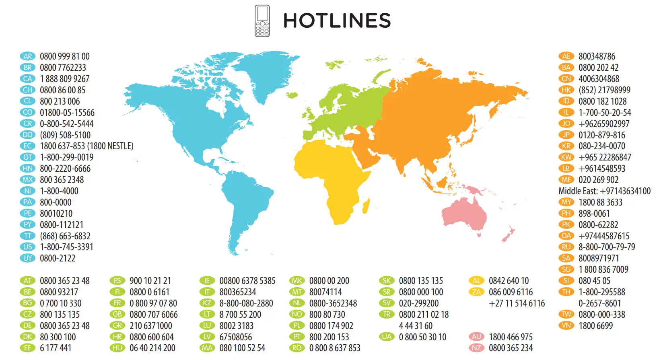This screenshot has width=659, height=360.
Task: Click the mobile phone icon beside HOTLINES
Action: pyautogui.click(x=262, y=21)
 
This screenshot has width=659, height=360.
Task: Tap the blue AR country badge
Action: pyautogui.click(x=27, y=56)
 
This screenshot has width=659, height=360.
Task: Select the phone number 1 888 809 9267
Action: pyautogui.click(x=64, y=79)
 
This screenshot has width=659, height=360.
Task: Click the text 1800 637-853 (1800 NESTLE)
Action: pyautogui.click(x=86, y=146)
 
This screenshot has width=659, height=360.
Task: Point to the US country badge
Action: pyautogui.click(x=27, y=247)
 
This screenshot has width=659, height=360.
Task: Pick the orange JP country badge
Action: pyautogui.click(x=566, y=135)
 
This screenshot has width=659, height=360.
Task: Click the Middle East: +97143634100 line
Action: pyautogui.click(x=604, y=191)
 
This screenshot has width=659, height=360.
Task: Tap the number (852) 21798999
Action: pyautogui.click(x=604, y=90)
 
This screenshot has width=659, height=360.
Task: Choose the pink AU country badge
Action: pyautogui.click(x=476, y=337)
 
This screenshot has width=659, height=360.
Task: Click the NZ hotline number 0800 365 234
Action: pyautogui.click(x=511, y=348)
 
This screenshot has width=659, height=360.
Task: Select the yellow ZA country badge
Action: pyautogui.click(x=476, y=292)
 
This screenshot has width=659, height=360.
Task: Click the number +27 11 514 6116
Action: pyautogui.click(x=517, y=303)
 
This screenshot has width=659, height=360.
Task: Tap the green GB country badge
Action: pyautogui.click(x=117, y=315)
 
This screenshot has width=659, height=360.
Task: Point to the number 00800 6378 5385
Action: pyautogui.click(x=247, y=281)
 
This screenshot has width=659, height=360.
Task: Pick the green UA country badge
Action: pyautogui.click(x=387, y=337)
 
